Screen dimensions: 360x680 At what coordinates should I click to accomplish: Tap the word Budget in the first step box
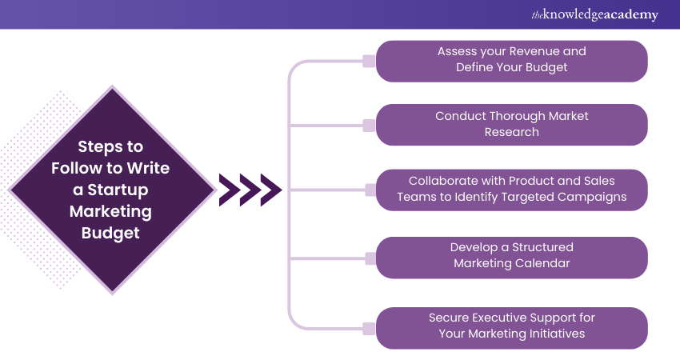click(545, 67)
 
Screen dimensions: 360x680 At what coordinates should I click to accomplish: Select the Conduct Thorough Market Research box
click(511, 124)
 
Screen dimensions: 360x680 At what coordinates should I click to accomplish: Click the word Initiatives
click(554, 334)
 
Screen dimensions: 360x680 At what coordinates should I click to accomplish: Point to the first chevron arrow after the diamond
click(229, 190)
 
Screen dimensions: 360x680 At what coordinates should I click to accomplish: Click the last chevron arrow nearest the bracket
click(270, 190)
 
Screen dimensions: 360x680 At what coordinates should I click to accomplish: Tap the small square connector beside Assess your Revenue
click(369, 61)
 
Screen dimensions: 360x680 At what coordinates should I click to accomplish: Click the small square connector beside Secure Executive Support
click(369, 328)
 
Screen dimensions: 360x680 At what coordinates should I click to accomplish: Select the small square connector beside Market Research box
click(369, 125)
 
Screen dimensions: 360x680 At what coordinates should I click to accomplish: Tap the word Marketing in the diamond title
click(110, 211)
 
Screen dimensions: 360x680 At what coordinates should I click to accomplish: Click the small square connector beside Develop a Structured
click(369, 258)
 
